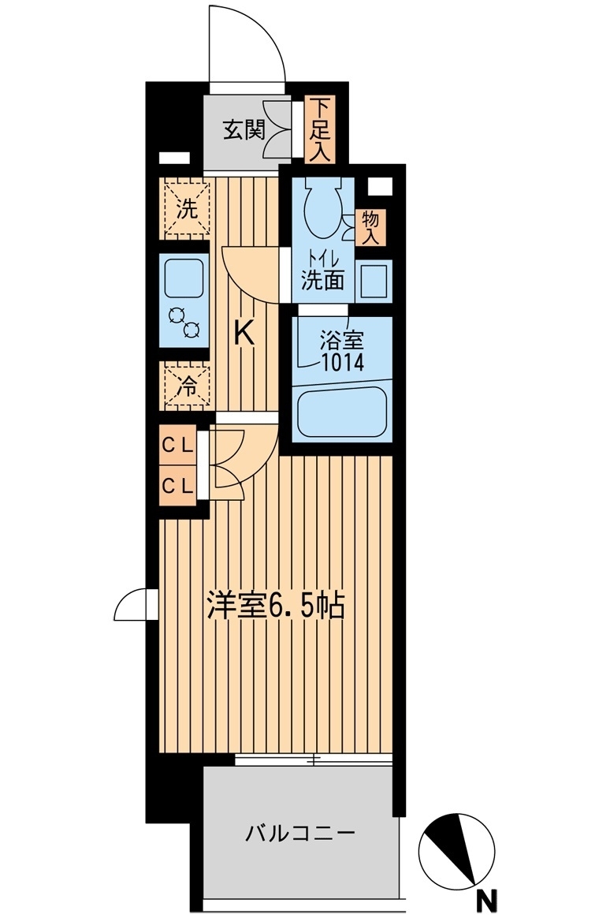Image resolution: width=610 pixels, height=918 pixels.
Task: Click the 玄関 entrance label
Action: pyautogui.click(x=244, y=129)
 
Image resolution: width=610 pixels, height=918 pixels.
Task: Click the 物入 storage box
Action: pyautogui.click(x=370, y=228)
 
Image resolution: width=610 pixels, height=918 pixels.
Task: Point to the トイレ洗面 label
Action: pyautogui.click(x=322, y=271)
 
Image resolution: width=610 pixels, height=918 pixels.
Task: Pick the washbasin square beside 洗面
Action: pyautogui.click(x=373, y=281)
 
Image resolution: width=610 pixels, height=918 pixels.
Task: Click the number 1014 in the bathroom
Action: pyautogui.click(x=342, y=363)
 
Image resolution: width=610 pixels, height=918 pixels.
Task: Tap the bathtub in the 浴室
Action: pyautogui.click(x=342, y=412)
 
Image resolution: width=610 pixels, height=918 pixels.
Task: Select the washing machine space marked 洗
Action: pyautogui.click(x=187, y=208)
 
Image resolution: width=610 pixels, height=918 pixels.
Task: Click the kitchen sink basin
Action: pyautogui.click(x=184, y=278)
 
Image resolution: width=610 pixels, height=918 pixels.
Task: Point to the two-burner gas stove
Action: pyautogui.click(x=184, y=323)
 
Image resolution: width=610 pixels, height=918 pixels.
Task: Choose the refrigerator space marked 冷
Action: pyautogui.click(x=187, y=385)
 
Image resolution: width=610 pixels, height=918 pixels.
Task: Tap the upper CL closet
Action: pyautogui.click(x=178, y=446)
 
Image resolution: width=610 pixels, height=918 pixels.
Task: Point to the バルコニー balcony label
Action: pyautogui.click(x=300, y=833)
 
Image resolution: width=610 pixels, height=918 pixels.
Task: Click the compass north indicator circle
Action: pyautogui.click(x=457, y=851)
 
